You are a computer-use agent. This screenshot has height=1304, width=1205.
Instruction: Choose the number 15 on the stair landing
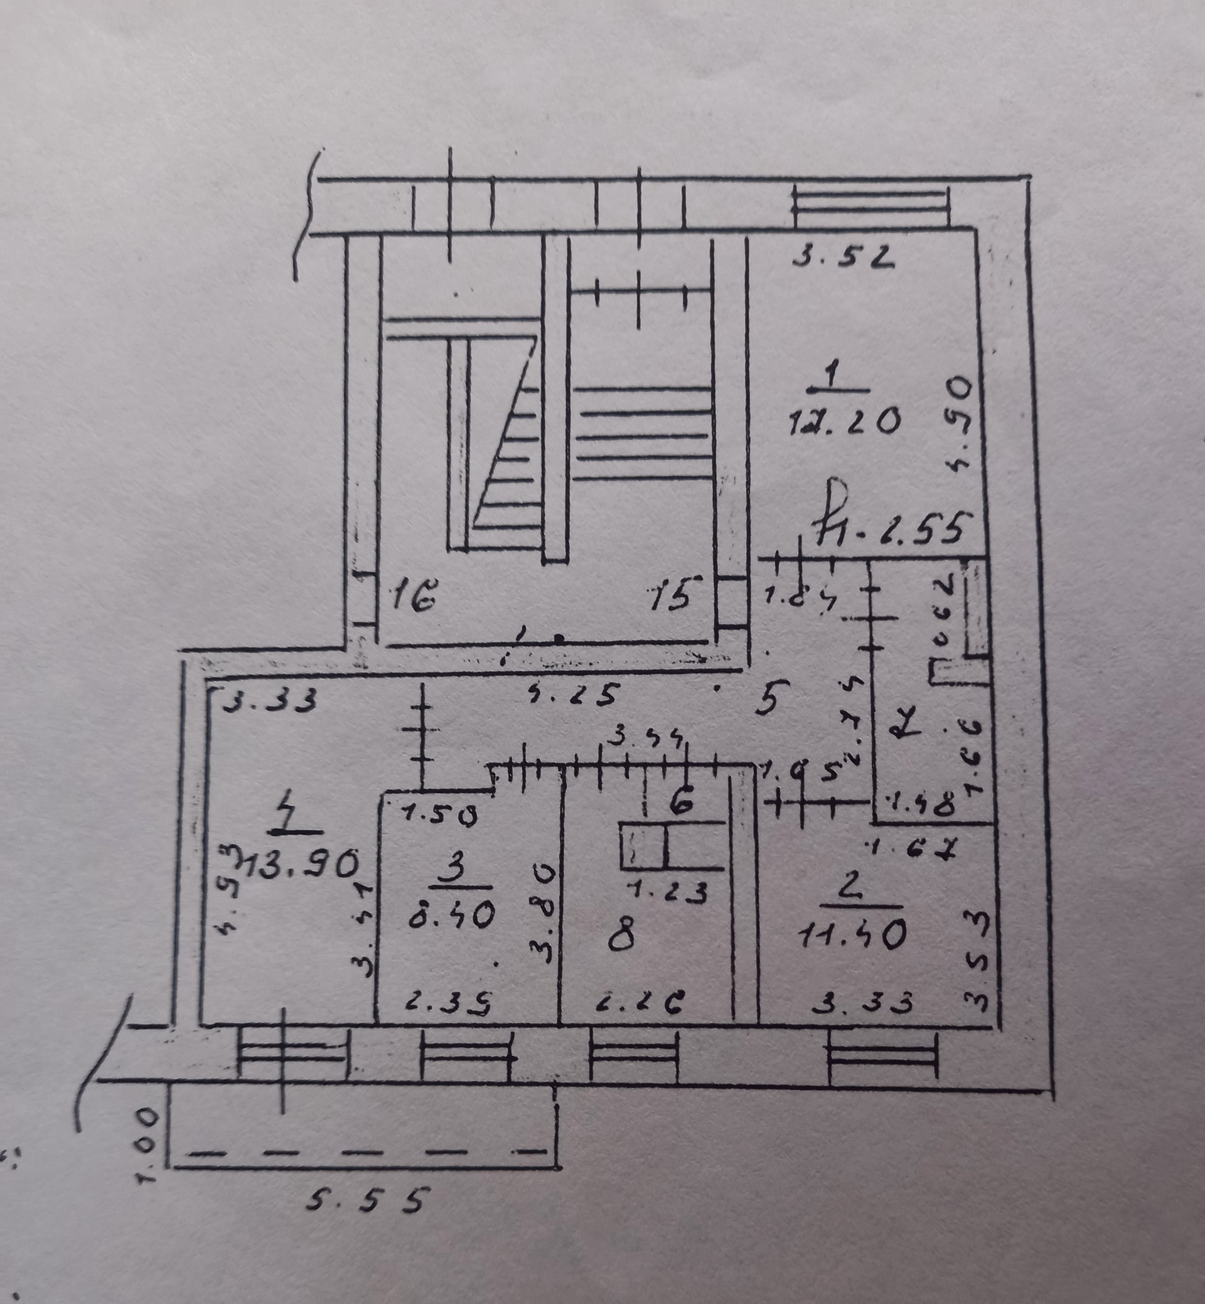671,596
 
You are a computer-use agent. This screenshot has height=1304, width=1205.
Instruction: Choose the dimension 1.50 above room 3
439,815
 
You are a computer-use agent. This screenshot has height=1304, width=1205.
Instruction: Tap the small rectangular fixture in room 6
643,847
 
